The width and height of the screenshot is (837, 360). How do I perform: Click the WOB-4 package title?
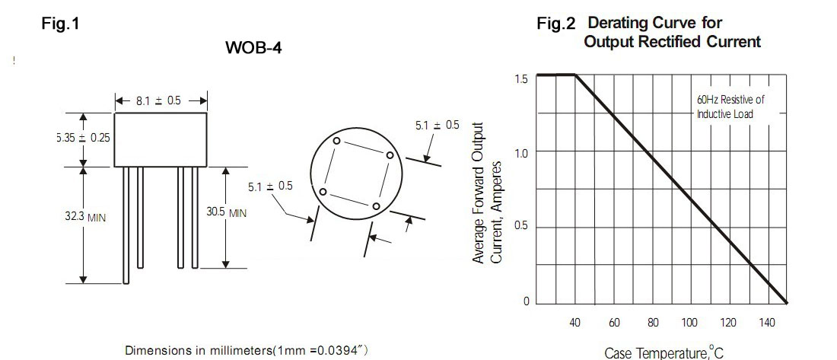click(253, 47)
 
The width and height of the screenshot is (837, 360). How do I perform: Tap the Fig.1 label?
click(60, 24)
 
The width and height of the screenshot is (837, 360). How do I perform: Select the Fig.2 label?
click(556, 24)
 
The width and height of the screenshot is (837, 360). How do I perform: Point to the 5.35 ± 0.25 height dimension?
click(83, 137)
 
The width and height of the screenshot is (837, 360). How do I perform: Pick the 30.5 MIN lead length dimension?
click(227, 212)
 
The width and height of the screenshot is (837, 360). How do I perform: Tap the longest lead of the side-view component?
click(126, 225)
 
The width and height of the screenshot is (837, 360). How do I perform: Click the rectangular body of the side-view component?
click(161, 139)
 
